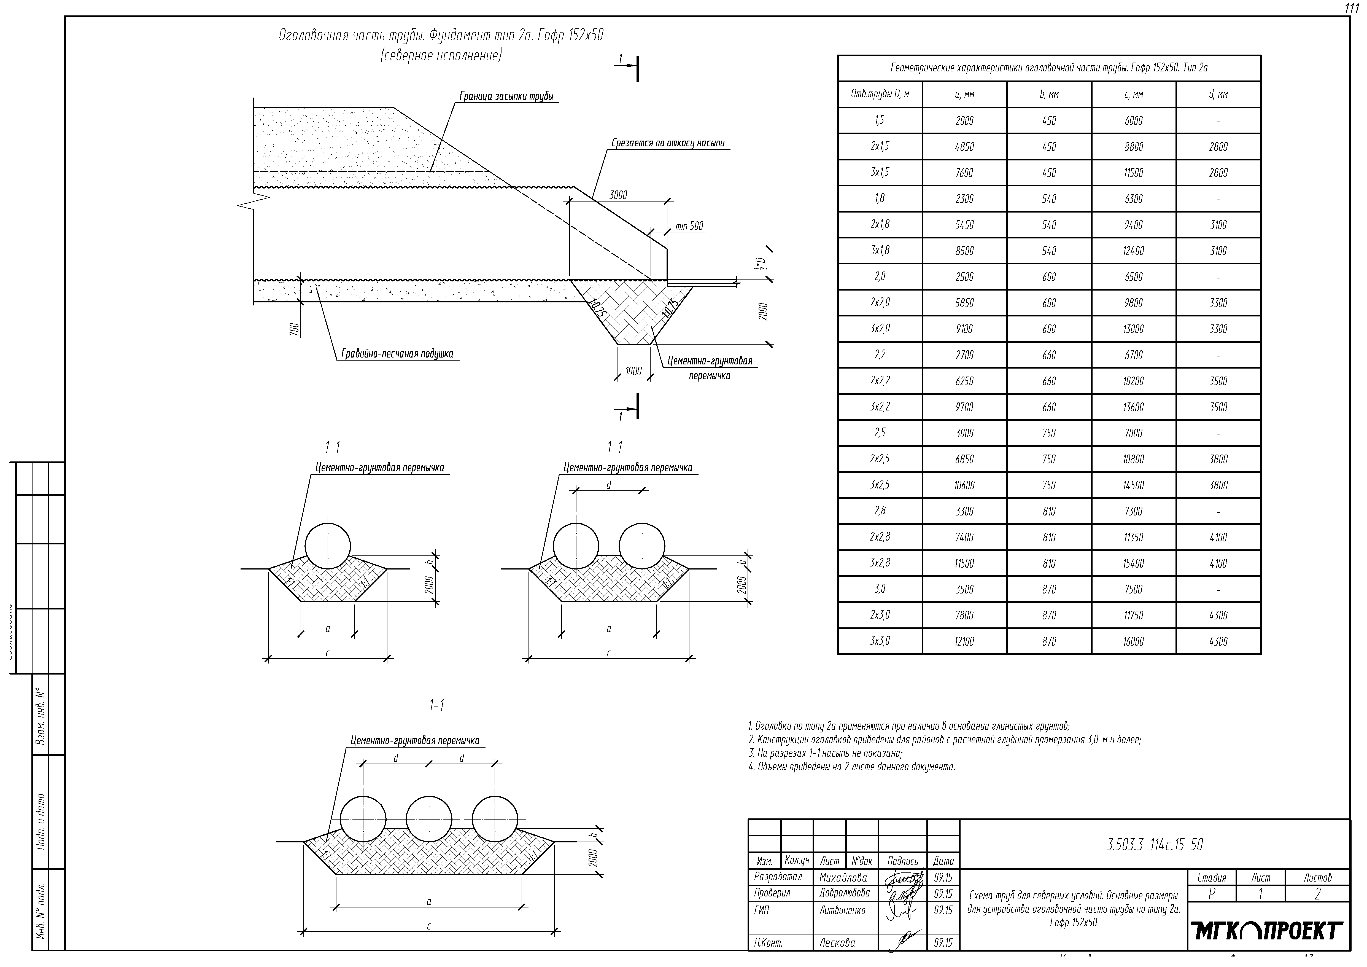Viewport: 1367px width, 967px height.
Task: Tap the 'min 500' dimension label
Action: coord(689,226)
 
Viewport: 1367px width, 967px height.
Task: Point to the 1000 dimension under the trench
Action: coord(633,371)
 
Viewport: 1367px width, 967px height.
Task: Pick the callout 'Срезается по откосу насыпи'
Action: coord(668,144)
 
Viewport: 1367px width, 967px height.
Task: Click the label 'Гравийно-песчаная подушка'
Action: coord(397,354)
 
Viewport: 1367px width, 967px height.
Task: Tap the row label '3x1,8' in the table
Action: coord(880,251)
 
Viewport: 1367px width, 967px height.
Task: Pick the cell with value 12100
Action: coord(964,641)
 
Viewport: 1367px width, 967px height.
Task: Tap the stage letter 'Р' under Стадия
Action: coord(1211,894)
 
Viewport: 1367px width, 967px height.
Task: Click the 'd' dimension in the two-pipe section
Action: coord(608,485)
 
